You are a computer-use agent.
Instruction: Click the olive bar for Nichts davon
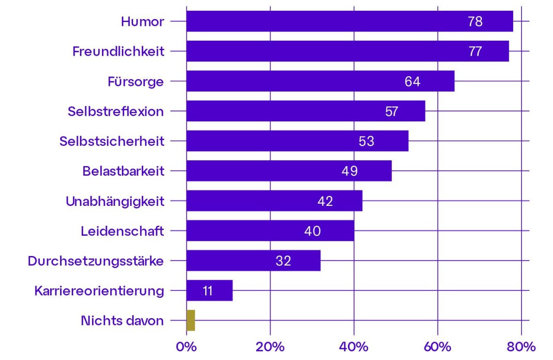pyautogui.click(x=191, y=320)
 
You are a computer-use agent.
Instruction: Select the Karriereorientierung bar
pyautogui.click(x=210, y=291)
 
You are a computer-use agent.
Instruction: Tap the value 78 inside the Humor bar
pyautogui.click(x=475, y=22)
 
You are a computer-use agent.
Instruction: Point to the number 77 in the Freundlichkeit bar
pyautogui.click(x=475, y=51)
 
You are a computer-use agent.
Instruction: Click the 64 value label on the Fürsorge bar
pyautogui.click(x=412, y=82)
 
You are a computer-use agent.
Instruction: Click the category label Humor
pyautogui.click(x=143, y=22)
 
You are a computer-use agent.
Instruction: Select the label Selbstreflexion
pyautogui.click(x=116, y=111)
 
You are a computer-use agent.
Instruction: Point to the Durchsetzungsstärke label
pyautogui.click(x=96, y=261)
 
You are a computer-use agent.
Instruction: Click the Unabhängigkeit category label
pyautogui.click(x=115, y=201)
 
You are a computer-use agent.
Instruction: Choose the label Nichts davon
pyautogui.click(x=122, y=321)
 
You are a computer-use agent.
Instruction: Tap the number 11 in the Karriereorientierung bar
pyautogui.click(x=207, y=291)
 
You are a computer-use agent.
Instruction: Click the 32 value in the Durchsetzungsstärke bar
pyautogui.click(x=283, y=261)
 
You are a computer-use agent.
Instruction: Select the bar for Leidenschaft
pyautogui.click(x=270, y=231)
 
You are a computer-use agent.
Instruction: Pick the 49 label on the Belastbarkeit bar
pyautogui.click(x=350, y=171)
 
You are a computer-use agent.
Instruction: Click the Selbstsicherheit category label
pyautogui.click(x=112, y=141)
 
